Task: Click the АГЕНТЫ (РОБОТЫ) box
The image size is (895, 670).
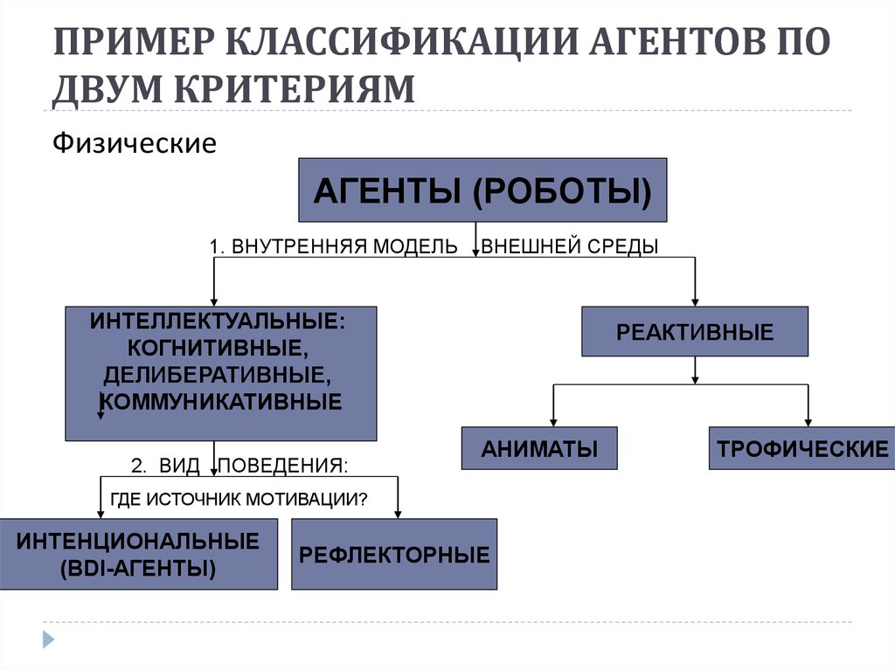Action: [x=482, y=190]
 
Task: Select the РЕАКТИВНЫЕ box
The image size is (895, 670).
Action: [x=695, y=332]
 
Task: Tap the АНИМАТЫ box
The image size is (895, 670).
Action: [x=539, y=448]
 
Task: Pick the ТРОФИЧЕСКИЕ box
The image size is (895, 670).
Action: [x=802, y=448]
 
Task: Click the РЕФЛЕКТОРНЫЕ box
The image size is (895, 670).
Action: [x=394, y=554]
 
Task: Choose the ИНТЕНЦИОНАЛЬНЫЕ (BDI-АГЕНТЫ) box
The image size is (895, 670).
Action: [x=139, y=554]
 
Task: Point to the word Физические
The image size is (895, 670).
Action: [x=135, y=142]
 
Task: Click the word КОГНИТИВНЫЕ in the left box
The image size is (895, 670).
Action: [x=218, y=349]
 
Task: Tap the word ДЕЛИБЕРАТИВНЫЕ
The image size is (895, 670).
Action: [x=218, y=375]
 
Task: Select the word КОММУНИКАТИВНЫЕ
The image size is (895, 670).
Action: [x=221, y=402]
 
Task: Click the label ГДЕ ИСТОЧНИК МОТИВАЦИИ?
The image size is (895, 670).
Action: [x=239, y=500]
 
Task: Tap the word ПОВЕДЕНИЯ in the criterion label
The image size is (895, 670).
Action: [x=283, y=466]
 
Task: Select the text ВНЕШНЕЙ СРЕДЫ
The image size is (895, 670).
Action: [x=570, y=246]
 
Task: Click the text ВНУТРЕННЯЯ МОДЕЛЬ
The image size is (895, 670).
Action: [x=344, y=246]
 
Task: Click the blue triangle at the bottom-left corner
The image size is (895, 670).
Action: [x=49, y=639]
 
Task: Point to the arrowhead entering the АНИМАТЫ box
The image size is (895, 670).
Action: [x=553, y=422]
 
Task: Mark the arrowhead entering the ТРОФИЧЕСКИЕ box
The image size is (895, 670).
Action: [x=808, y=422]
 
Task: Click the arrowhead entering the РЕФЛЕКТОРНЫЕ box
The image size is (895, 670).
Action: [x=398, y=515]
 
